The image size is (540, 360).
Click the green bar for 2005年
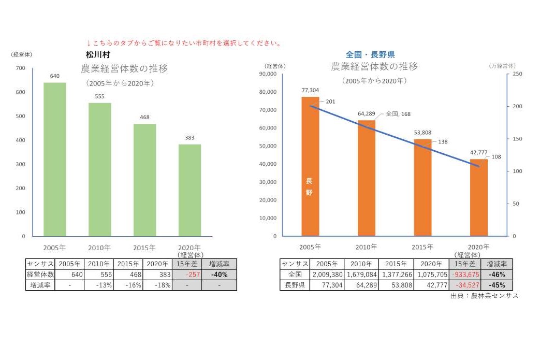[x=54, y=160]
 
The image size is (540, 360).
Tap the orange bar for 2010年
[x=366, y=178]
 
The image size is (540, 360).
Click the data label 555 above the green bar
[x=99, y=96]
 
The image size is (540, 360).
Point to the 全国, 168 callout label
[x=398, y=114]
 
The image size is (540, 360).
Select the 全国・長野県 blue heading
[x=370, y=54]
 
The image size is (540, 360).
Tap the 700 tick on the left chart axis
[x=20, y=68]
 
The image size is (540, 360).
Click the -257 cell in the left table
[x=186, y=275]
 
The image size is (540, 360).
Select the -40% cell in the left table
[x=219, y=275]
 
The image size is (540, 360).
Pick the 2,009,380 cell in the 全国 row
[x=327, y=275]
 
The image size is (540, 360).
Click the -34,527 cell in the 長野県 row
[x=464, y=285]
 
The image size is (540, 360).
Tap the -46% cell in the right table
[x=496, y=275]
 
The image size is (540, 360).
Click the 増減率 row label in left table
[x=39, y=285]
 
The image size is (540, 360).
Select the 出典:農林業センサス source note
[x=484, y=296]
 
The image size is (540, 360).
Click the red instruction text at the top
[x=184, y=43]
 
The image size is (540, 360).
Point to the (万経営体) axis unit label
[x=502, y=66]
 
